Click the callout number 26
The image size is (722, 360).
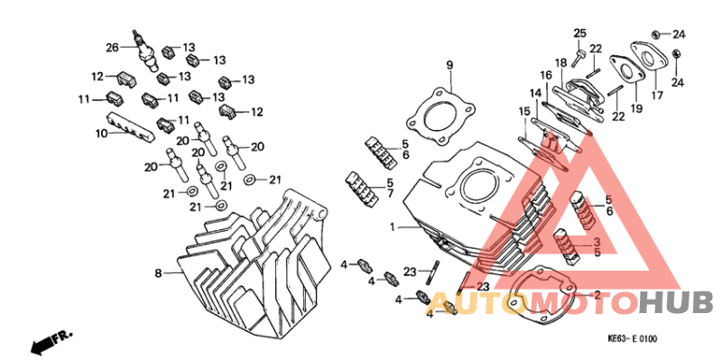pyautogui.click(x=112, y=47)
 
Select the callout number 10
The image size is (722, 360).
pyautogui.click(x=102, y=134)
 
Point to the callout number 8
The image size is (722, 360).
pyautogui.click(x=157, y=272)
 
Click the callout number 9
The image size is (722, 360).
pyautogui.click(x=449, y=65)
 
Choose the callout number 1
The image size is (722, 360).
pyautogui.click(x=393, y=226)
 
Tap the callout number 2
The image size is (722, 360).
pyautogui.click(x=596, y=294)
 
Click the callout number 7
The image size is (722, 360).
pyautogui.click(x=391, y=194)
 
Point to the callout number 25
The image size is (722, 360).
pyautogui.click(x=579, y=33)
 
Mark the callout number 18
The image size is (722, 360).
pyautogui.click(x=560, y=61)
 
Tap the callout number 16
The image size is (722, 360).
pyautogui.click(x=546, y=75)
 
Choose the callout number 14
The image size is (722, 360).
pyautogui.click(x=535, y=93)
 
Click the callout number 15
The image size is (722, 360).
pyautogui.click(x=524, y=111)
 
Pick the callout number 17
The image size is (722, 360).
pyautogui.click(x=657, y=94)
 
